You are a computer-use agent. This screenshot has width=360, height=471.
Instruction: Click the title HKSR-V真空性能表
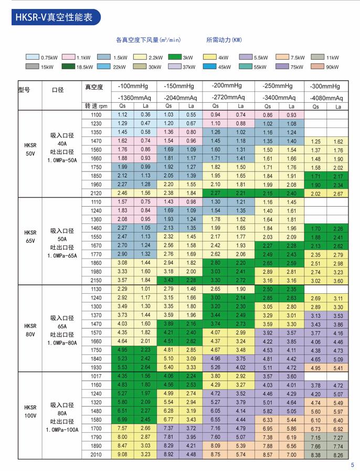tap(54, 17)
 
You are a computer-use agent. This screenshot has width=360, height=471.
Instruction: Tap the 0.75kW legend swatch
tap(33, 57)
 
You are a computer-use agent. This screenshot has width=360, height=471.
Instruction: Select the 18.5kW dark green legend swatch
tap(68, 66)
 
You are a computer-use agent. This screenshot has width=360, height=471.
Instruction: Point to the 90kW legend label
tap(332, 67)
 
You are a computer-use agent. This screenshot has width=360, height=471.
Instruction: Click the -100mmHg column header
tap(133, 86)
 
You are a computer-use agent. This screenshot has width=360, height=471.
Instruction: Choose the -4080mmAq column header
tap(326, 98)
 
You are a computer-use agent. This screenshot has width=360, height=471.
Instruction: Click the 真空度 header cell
tap(94, 87)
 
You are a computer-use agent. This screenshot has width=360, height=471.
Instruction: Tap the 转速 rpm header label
tap(96, 106)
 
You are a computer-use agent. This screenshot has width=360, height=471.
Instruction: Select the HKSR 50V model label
tap(30, 149)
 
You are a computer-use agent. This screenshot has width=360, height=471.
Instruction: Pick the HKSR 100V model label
tap(30, 412)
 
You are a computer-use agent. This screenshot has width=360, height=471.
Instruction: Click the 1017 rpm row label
tap(96, 376)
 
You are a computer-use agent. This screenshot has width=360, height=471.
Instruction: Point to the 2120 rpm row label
tap(96, 193)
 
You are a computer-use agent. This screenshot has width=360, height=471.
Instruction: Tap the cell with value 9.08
tap(122, 455)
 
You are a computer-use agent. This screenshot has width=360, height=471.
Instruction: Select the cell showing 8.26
tap(338, 455)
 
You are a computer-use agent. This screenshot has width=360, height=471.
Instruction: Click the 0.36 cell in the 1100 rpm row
tap(145, 114)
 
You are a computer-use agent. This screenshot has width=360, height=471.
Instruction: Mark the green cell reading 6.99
tap(122, 420)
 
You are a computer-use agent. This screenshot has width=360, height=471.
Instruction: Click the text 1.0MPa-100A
tap(62, 430)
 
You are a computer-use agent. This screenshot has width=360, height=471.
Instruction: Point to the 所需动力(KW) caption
tap(224, 40)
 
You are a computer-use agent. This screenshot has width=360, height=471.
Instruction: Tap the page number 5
tap(353, 465)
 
